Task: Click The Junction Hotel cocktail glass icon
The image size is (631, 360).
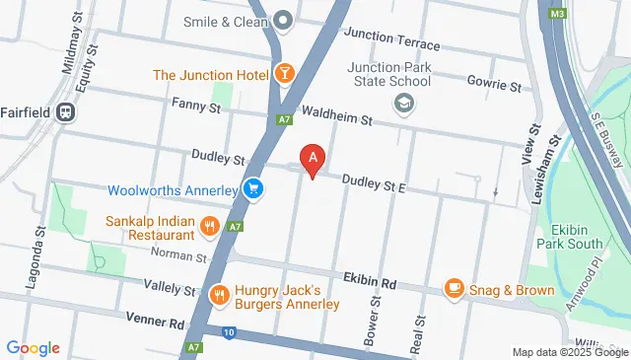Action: coord(284,74)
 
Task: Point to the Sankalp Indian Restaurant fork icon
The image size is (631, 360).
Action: coord(209,228)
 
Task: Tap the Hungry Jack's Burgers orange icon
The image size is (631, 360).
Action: coord(220,294)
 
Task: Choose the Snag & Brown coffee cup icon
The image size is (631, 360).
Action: coord(454,288)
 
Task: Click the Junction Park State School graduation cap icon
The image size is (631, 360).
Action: coord(402,102)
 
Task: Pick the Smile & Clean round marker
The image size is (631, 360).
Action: coord(284,20)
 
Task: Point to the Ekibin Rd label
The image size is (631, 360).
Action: coord(369,282)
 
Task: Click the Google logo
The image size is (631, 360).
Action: coord(34,348)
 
